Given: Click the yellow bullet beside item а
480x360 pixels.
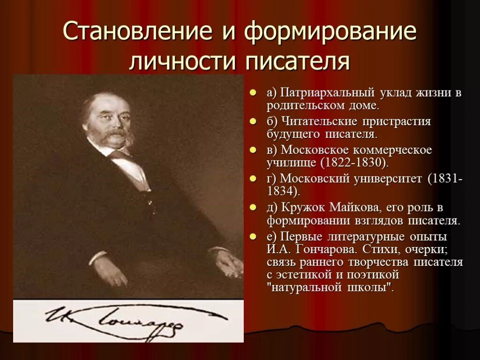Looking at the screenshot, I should coord(253,93).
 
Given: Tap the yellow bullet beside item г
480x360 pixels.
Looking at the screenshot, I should coord(253,179).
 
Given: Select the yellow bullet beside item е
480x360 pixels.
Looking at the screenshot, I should coord(253,236).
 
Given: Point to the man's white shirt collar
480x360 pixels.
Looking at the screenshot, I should coord(124,159).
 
